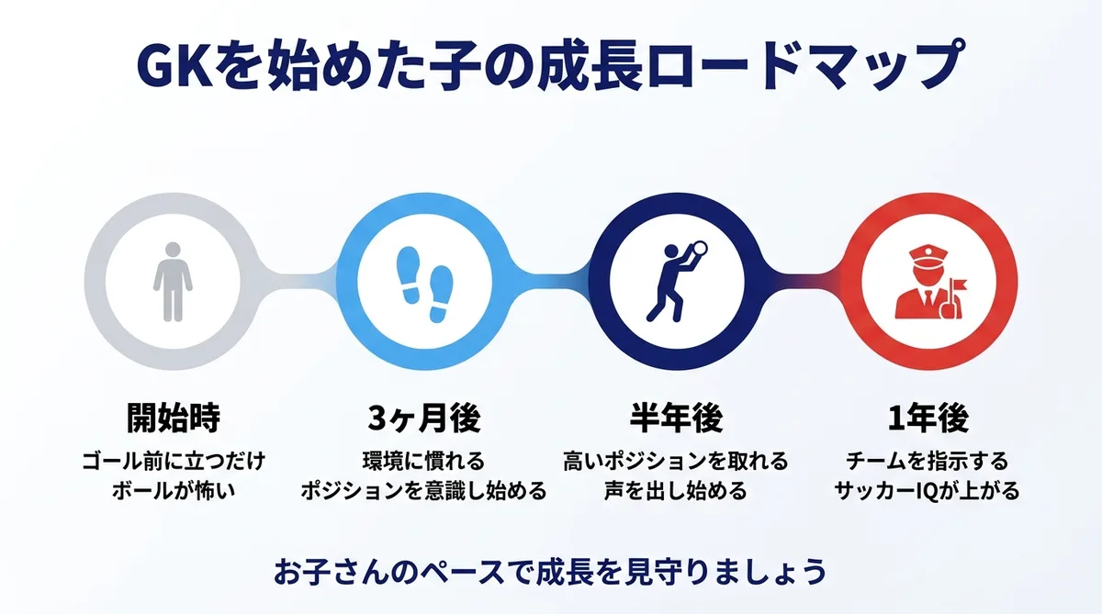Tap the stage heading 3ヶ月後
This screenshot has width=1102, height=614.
click(x=424, y=419)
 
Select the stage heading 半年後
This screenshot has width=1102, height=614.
click(x=676, y=419)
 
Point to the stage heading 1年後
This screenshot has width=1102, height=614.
click(x=928, y=419)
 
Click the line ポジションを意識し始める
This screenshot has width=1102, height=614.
click(x=424, y=490)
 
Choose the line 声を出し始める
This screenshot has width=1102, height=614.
click(x=676, y=490)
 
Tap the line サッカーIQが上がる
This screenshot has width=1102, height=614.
click(x=928, y=490)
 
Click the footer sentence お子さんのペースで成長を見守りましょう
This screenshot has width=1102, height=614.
click(x=551, y=572)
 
